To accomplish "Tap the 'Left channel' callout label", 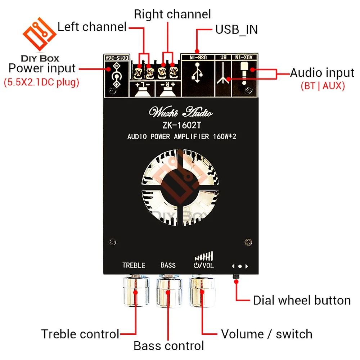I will [x=92, y=27].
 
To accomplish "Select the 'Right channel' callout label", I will [x=172, y=14].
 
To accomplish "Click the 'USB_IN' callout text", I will [x=236, y=30].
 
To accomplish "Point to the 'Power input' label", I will [x=42, y=68].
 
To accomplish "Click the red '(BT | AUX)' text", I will [x=322, y=86].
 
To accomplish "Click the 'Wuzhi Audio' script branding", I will [x=181, y=112].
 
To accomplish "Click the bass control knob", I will [x=170, y=292].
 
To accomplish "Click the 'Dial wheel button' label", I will [x=302, y=300].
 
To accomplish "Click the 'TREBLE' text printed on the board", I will [x=134, y=265].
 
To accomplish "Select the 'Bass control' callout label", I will [x=168, y=346].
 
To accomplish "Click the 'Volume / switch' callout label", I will [x=266, y=334].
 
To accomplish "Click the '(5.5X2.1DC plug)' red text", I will [x=41, y=82].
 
